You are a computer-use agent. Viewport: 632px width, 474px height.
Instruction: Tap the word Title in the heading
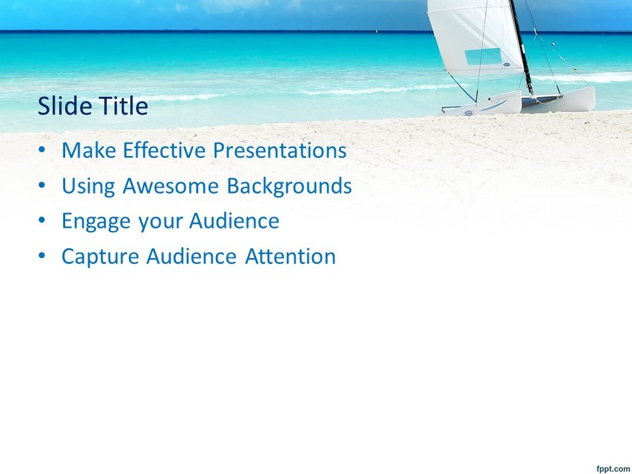point(124,105)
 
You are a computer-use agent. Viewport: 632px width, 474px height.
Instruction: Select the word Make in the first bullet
point(89,150)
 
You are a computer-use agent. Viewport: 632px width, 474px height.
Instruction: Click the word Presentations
point(280,150)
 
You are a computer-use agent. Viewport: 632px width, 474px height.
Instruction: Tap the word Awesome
point(171,186)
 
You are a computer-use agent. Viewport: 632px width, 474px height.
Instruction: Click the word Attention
point(290,256)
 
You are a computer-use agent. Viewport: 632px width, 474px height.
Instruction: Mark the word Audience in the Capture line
point(191,256)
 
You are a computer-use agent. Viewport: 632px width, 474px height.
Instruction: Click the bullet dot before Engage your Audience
point(42,221)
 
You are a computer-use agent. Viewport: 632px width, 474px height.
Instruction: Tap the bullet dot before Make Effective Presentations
point(42,149)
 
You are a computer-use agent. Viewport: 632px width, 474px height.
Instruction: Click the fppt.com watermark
point(613,468)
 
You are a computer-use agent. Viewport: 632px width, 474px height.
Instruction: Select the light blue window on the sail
point(483,57)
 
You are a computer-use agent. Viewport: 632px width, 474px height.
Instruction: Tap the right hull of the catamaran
point(558,100)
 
